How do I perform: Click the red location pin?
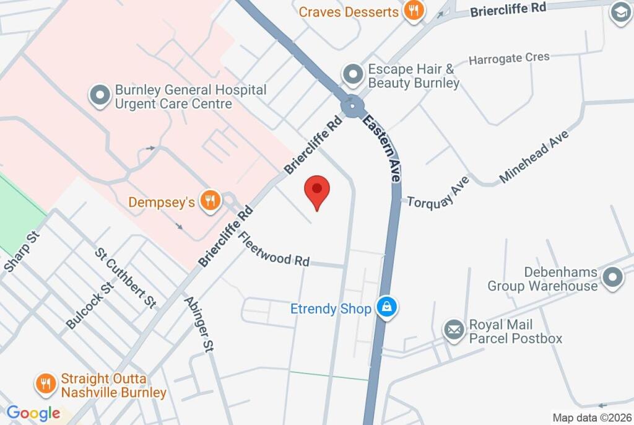click(318, 189)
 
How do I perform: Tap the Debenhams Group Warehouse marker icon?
click(613, 278)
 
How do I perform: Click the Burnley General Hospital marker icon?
click(100, 95)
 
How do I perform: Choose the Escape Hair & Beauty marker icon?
click(354, 74)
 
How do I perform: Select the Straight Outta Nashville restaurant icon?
click(45, 384)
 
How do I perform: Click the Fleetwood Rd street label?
click(273, 250)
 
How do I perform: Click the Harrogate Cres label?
click(509, 59)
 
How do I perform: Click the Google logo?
click(33, 413)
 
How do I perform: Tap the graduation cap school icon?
click(620, 12)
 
